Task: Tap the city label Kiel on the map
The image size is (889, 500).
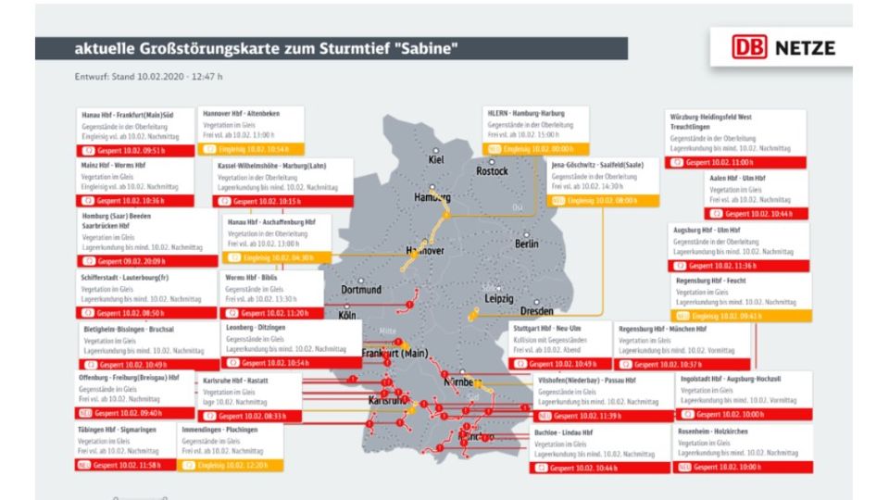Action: tap(436, 159)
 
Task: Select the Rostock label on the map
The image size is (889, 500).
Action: tap(492, 171)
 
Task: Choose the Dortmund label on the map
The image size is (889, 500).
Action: tap(361, 290)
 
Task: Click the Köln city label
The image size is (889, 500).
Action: tap(347, 315)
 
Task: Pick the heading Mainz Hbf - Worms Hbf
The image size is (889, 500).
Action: tap(114, 165)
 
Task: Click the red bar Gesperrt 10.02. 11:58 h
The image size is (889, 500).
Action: tap(123, 465)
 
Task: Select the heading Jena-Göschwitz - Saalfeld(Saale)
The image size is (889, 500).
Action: tap(604, 164)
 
